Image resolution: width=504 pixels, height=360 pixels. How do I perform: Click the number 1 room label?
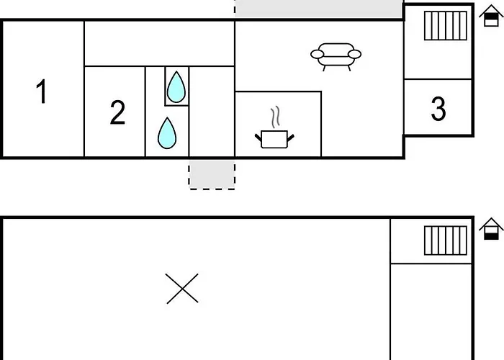(x=42, y=91)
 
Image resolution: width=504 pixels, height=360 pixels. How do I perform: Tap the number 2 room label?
(x=117, y=112)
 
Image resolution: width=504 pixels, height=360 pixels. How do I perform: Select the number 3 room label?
(x=438, y=109)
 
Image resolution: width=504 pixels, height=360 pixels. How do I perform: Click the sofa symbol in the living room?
(x=336, y=57)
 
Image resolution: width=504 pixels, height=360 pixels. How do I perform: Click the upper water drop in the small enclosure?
(x=176, y=87)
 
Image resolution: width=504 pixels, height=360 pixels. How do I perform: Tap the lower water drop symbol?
(x=167, y=132)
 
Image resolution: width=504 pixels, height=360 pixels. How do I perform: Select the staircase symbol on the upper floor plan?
(x=446, y=26)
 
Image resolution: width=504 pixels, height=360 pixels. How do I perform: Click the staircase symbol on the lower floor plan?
(x=446, y=240)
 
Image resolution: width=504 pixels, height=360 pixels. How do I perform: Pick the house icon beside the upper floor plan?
(x=491, y=15)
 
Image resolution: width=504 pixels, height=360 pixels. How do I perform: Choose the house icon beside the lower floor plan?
(x=491, y=229)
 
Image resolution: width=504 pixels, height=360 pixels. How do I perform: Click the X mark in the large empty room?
(x=182, y=288)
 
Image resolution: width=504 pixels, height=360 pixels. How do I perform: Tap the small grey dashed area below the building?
(x=212, y=174)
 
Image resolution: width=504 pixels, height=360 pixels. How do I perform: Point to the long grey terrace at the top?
(x=318, y=9)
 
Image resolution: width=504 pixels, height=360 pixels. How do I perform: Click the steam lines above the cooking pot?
(x=275, y=117)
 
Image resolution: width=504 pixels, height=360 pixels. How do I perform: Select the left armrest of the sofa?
(x=318, y=54)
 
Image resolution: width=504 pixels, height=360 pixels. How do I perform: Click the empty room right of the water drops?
(x=212, y=112)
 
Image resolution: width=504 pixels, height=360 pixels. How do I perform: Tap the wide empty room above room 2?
(x=159, y=44)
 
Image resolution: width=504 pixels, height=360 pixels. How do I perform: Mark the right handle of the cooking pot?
(x=291, y=138)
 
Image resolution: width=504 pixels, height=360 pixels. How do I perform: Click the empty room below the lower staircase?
(x=431, y=312)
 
